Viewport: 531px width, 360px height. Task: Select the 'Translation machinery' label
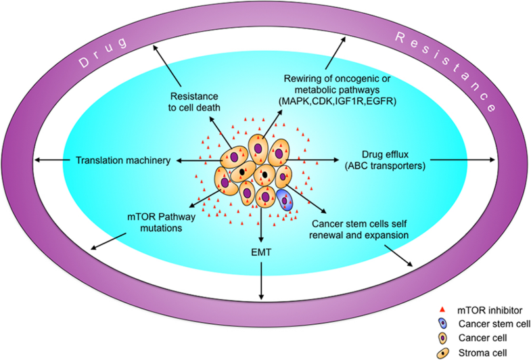coord(122,160)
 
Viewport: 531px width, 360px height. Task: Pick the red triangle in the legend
coord(434,310)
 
